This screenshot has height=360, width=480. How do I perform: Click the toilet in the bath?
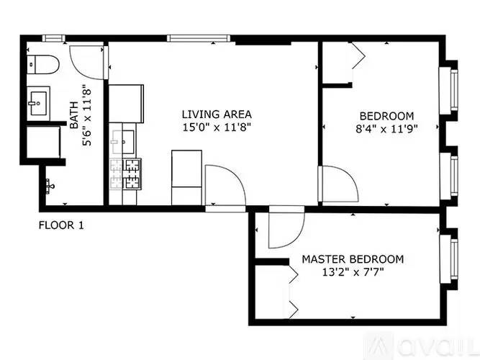click(x=43, y=64)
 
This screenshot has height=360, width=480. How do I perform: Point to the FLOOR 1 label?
click(x=61, y=225)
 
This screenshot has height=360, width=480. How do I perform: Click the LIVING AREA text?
click(x=217, y=114)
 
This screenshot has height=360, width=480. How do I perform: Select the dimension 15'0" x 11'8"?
click(x=217, y=127)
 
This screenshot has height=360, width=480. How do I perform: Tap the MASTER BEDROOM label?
click(x=353, y=259)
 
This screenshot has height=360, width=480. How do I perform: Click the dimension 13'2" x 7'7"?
click(x=353, y=271)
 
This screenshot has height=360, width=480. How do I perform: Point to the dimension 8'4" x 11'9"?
click(x=386, y=129)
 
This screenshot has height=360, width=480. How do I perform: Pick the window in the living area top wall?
click(x=199, y=38)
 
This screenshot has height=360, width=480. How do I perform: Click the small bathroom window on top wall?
click(x=53, y=38)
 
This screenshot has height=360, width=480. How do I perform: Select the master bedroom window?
click(x=449, y=259)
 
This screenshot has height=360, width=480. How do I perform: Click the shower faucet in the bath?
click(x=50, y=186)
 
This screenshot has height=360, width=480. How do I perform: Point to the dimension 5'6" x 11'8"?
click(x=86, y=117)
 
